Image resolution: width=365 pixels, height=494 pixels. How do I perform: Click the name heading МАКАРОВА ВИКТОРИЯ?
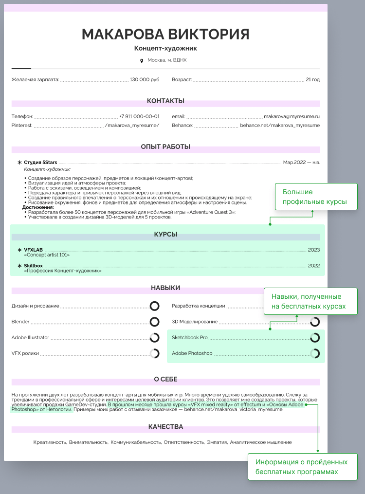click(x=165, y=34)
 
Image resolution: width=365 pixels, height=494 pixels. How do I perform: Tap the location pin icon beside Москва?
click(x=142, y=60)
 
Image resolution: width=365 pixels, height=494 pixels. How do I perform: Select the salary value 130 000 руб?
click(x=145, y=79)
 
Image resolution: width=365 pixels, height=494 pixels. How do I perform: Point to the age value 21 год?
click(x=312, y=79)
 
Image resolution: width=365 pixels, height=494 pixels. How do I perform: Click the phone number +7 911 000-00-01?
click(x=139, y=117)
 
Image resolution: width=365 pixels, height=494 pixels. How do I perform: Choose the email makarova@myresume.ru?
click(x=292, y=117)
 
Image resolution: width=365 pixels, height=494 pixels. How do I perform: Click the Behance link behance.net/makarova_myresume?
click(x=280, y=126)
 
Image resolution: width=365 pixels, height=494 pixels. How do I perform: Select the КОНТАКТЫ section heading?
click(x=165, y=101)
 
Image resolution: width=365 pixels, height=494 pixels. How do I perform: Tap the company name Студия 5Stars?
click(x=40, y=162)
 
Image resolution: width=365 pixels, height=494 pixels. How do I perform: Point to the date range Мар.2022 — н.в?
click(x=301, y=162)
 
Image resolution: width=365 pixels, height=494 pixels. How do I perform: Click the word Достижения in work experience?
click(x=38, y=207)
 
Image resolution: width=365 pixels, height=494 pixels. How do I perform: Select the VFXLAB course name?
click(x=34, y=250)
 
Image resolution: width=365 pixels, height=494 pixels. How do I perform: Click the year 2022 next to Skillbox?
click(x=314, y=266)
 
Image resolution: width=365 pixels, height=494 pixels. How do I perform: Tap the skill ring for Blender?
click(x=154, y=322)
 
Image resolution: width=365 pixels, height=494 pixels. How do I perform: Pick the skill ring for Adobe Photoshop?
click(x=315, y=353)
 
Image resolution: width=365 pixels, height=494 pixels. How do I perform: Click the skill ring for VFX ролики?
click(x=154, y=353)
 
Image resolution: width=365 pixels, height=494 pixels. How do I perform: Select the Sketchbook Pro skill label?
click(x=190, y=337)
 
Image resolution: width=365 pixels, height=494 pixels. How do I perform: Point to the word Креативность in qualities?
click(x=50, y=442)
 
